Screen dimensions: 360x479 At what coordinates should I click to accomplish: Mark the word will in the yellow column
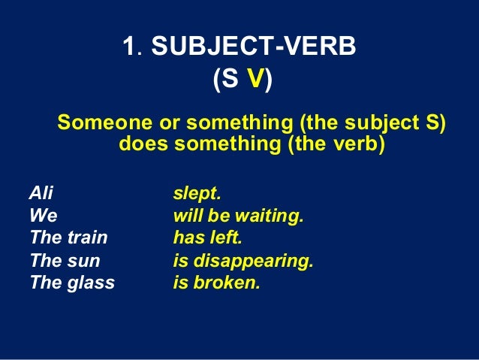pos(185,216)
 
